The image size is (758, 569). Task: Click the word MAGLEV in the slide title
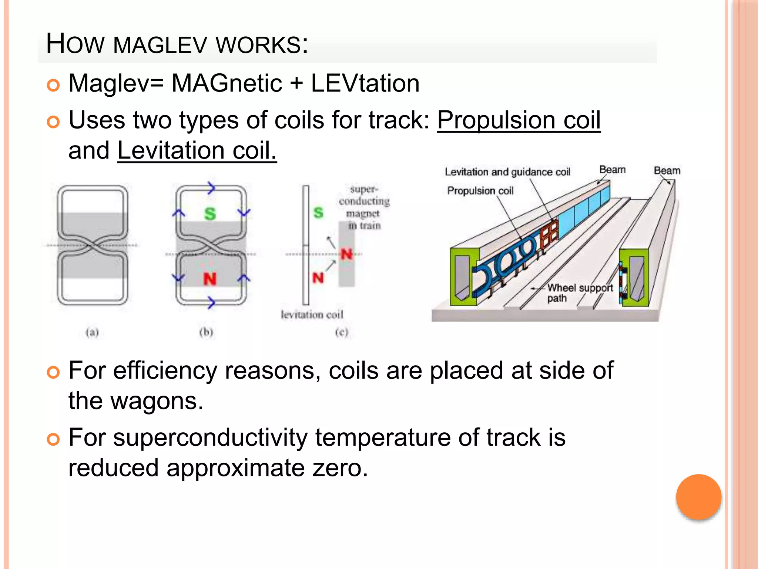[x=160, y=45]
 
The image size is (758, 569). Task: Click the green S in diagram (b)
[x=210, y=214]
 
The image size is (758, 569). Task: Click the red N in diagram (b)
[x=210, y=279]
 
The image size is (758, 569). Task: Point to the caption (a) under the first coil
[x=92, y=332]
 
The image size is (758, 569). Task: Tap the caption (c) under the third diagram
[x=342, y=332]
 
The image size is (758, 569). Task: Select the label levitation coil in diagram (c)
[x=312, y=315]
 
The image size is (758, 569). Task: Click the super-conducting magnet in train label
[x=364, y=207]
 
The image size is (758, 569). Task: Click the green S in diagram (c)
[x=318, y=213]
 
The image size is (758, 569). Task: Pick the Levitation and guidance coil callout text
[x=507, y=172]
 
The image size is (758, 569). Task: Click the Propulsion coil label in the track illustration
[x=480, y=191]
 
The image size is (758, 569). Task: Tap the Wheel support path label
[x=579, y=293]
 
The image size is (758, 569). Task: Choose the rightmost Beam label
[x=667, y=170]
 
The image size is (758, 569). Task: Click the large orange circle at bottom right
[x=698, y=497]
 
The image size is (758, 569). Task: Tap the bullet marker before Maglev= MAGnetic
[x=53, y=85]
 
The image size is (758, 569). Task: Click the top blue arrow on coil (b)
[x=211, y=188]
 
